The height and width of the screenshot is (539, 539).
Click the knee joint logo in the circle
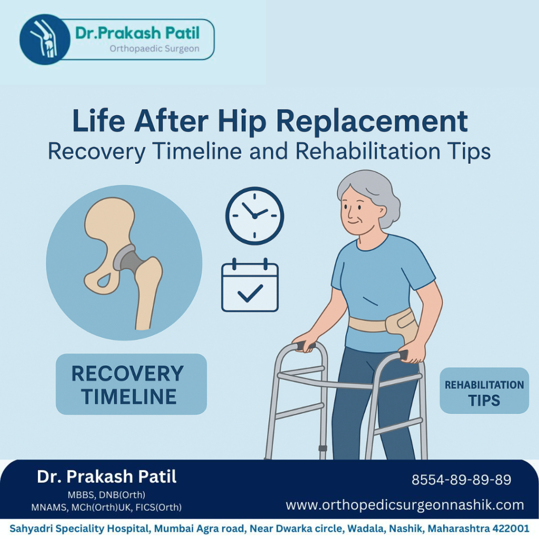[44, 39]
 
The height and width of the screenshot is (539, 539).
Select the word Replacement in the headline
[372, 122]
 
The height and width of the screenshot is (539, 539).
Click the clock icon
[255, 216]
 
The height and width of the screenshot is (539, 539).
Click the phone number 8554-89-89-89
[461, 480]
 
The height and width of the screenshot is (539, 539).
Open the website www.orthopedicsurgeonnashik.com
[405, 505]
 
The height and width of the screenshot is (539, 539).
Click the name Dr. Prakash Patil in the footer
[107, 477]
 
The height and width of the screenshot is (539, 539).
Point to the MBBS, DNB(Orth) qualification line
[106, 495]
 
